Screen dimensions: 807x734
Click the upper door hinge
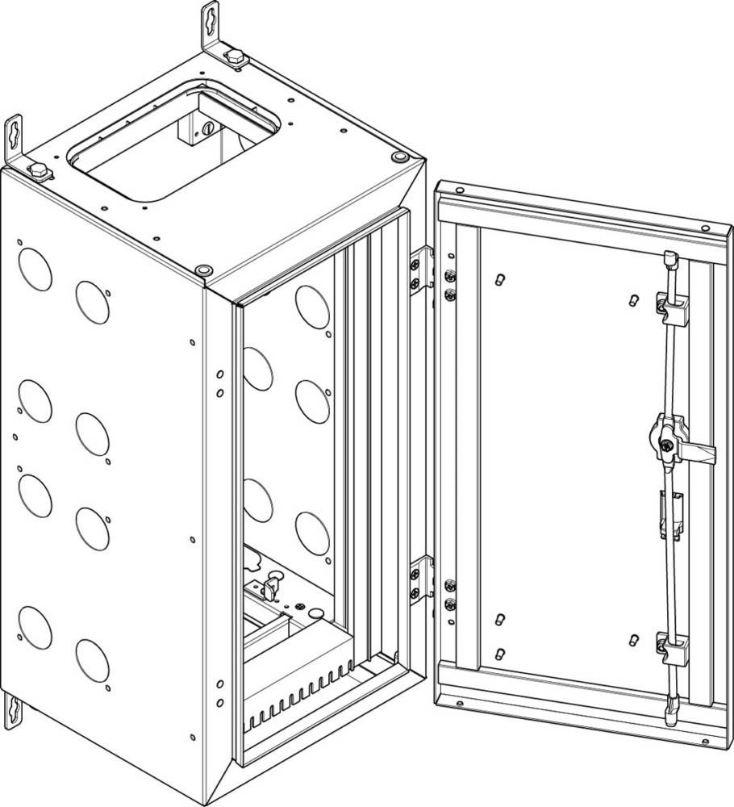(419, 270)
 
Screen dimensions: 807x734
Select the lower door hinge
(419, 578)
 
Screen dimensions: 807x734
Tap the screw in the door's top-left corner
(460, 190)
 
